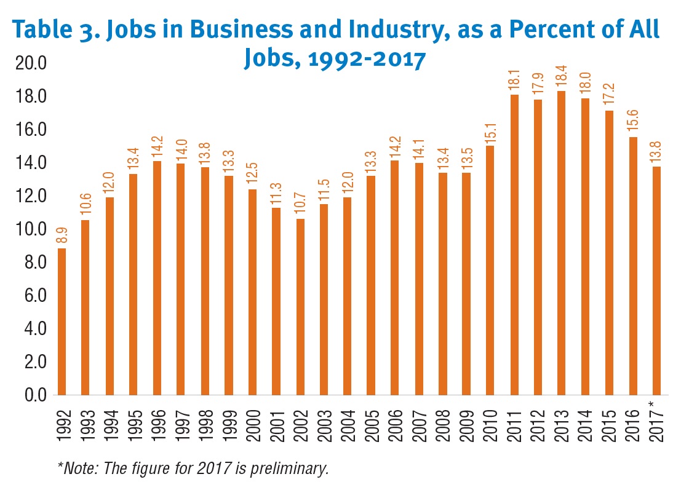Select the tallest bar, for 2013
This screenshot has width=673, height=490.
[561, 243]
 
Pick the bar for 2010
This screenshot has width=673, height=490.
[490, 270]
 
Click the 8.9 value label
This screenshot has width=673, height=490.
[62, 235]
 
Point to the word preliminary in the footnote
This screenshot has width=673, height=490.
[292, 469]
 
